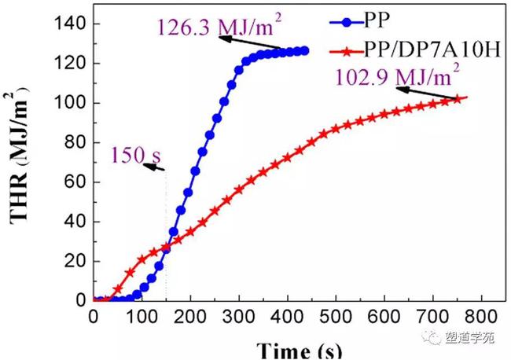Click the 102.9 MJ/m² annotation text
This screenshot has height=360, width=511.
397,79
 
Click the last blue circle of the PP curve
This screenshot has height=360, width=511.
304,50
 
